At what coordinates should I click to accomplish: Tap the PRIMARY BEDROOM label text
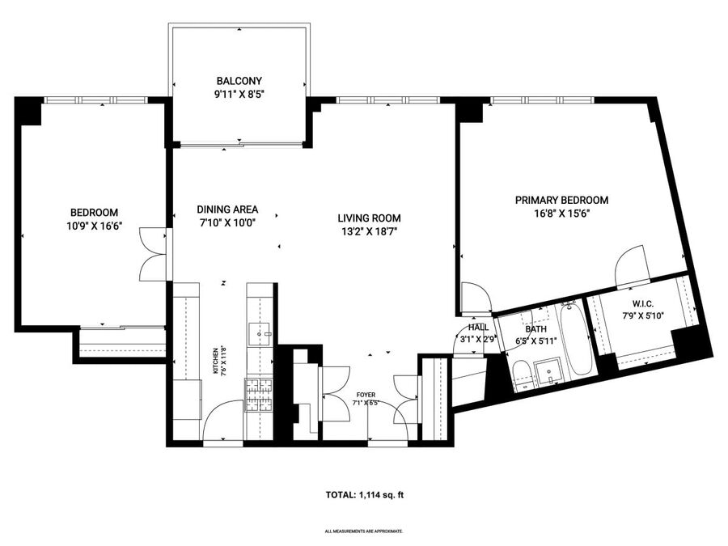pyautogui.click(x=562, y=200)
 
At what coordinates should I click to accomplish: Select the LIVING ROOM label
pyautogui.click(x=369, y=218)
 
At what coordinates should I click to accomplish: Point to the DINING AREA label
pyautogui.click(x=227, y=210)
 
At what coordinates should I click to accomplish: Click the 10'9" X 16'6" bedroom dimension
pyautogui.click(x=95, y=226)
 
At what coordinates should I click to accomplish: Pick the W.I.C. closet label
pyautogui.click(x=643, y=304)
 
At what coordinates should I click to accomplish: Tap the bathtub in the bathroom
pyautogui.click(x=576, y=339)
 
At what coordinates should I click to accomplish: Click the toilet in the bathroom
pyautogui.click(x=523, y=374)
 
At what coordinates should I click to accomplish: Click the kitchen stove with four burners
pyautogui.click(x=260, y=395)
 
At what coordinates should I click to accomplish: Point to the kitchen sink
pyautogui.click(x=259, y=333)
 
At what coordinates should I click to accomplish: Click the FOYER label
pyautogui.click(x=366, y=395)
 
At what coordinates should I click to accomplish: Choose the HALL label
pyautogui.click(x=478, y=328)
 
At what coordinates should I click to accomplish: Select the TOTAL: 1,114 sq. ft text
pyautogui.click(x=365, y=495)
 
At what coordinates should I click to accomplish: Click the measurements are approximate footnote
pyautogui.click(x=364, y=531)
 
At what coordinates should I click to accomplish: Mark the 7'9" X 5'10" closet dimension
pyautogui.click(x=643, y=316)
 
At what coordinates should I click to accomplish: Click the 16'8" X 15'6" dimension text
pyautogui.click(x=562, y=214)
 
